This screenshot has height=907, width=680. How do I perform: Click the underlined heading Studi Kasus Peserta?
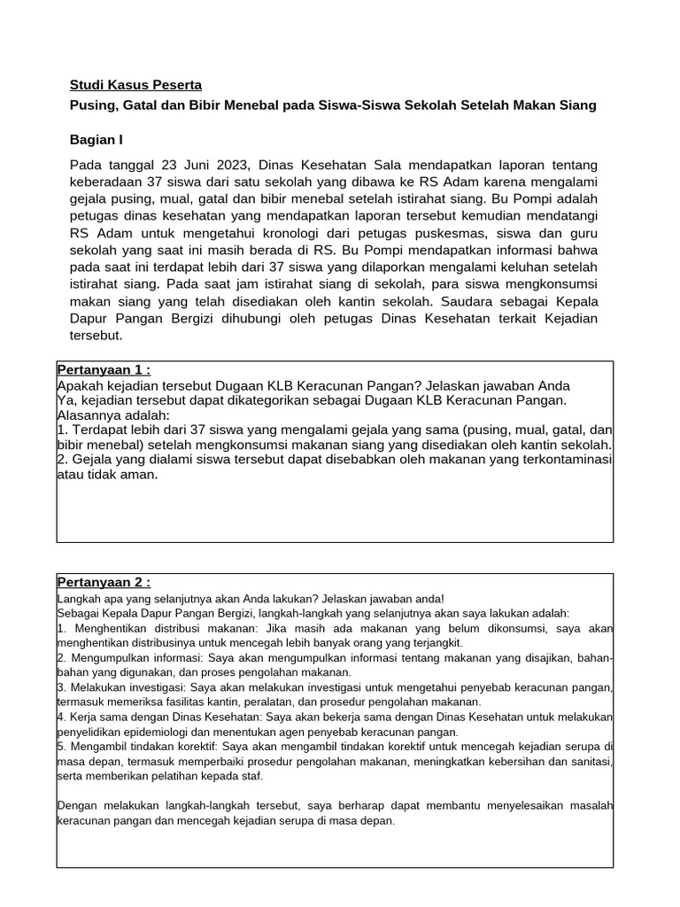[x=135, y=86]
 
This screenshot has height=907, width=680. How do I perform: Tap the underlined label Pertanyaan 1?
[x=104, y=369]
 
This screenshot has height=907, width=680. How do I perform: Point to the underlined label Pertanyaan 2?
[x=104, y=582]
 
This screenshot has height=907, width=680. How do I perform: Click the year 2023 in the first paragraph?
[x=235, y=166]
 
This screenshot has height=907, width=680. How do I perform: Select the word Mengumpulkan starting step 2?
[x=104, y=659]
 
